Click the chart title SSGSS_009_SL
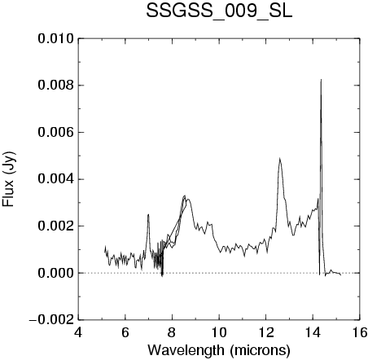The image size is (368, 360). pyautogui.click(x=219, y=11)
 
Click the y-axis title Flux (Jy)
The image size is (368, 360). pyautogui.click(x=8, y=179)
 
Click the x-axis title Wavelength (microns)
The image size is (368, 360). pyautogui.click(x=219, y=350)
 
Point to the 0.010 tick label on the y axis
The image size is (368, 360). pyautogui.click(x=56, y=38)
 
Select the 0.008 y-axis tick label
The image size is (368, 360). pyautogui.click(x=56, y=86)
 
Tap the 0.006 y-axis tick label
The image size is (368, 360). pyautogui.click(x=56, y=133)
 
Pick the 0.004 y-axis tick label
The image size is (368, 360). pyautogui.click(x=56, y=179)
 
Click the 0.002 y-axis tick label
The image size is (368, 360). pyautogui.click(x=56, y=226)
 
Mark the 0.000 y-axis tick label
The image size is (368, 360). pyautogui.click(x=56, y=273)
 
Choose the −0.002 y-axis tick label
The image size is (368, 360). pyautogui.click(x=51, y=320)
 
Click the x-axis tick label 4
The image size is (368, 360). pyautogui.click(x=78, y=332)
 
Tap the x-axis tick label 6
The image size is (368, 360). pyautogui.click(x=125, y=332)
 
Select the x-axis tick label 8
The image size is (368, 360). pyautogui.click(x=172, y=332)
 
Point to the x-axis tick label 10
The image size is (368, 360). pyautogui.click(x=219, y=332)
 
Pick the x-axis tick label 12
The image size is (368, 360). pyautogui.click(x=266, y=332)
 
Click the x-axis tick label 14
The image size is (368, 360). pyautogui.click(x=313, y=332)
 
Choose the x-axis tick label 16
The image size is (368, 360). pyautogui.click(x=360, y=332)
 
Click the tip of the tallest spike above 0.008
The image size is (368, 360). pyautogui.click(x=321, y=79)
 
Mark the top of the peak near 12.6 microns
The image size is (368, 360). pyautogui.click(x=279, y=158)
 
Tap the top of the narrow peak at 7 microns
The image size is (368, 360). pyautogui.click(x=148, y=214)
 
